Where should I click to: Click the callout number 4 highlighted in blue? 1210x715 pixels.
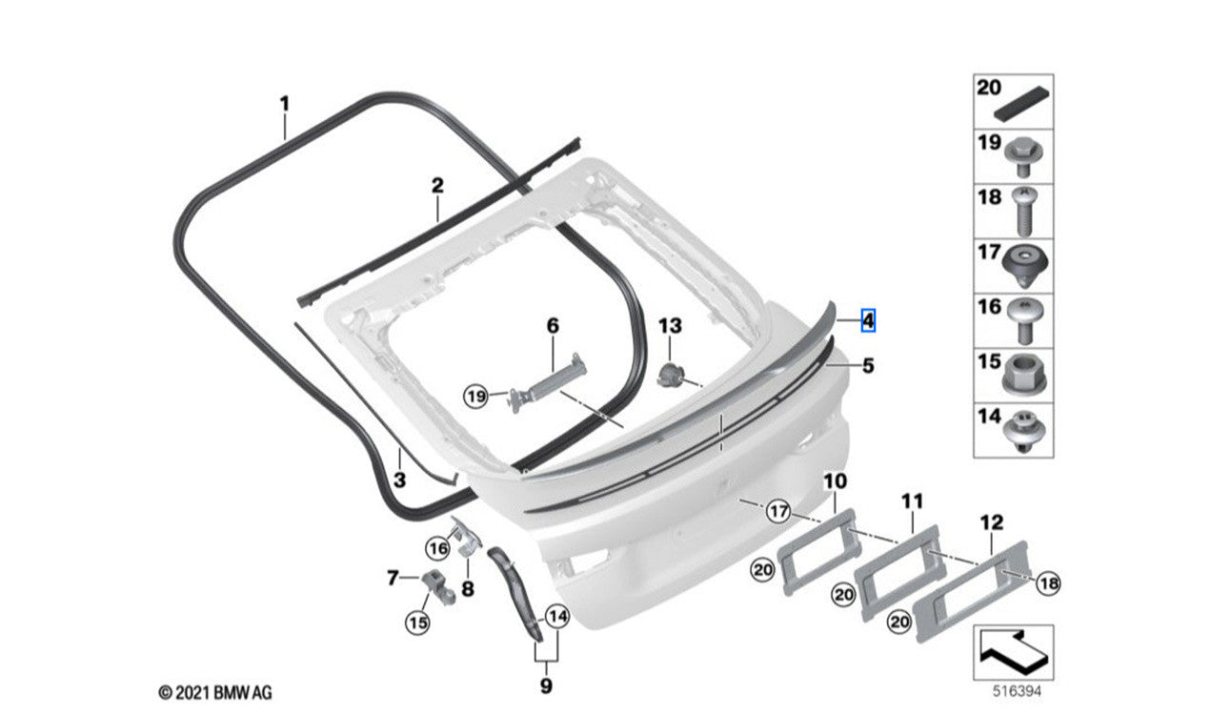[868, 321]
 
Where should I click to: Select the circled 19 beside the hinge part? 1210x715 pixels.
[476, 398]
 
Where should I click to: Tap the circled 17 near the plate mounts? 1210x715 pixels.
[778, 511]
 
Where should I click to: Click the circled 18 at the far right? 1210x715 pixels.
[1048, 583]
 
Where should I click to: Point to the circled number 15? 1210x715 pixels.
[418, 623]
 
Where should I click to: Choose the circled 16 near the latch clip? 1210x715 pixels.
[437, 549]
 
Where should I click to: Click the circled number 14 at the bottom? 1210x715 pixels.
[557, 616]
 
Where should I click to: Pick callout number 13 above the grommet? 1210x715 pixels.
[670, 326]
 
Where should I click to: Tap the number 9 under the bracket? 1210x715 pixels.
[546, 685]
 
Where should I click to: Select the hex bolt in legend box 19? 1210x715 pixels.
[1023, 156]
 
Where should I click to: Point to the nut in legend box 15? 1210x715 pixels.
[1024, 375]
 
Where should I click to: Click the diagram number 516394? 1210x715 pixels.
[1017, 691]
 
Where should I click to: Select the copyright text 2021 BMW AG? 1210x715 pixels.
[215, 692]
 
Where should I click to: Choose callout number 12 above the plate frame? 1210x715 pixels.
[992, 522]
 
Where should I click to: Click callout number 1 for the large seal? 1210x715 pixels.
[284, 104]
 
